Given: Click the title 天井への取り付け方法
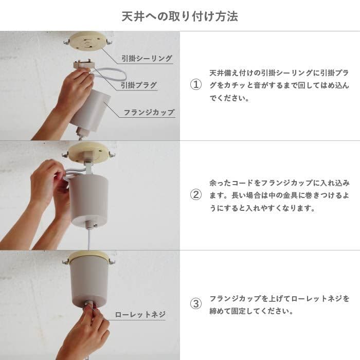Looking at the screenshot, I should tap(179, 16).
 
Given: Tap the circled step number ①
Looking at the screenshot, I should tap(195, 85).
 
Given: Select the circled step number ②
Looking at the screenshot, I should tap(195, 195).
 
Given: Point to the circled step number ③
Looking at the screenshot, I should tap(195, 304).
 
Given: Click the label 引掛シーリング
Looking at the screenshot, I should tap(147, 59).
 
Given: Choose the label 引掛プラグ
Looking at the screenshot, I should tap(139, 85).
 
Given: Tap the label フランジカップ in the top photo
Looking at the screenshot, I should tap(149, 112).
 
